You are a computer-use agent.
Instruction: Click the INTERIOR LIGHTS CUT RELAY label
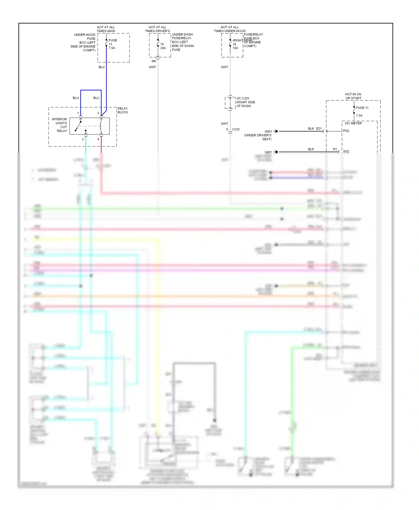click(x=60, y=125)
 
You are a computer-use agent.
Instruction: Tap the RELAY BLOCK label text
click(x=123, y=110)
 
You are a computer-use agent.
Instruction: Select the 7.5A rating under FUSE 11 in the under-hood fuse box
click(x=112, y=48)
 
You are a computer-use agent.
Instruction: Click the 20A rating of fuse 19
click(x=163, y=48)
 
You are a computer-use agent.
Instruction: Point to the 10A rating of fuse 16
click(x=235, y=48)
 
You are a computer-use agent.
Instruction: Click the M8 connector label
click(x=154, y=61)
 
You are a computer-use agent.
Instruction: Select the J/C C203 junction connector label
click(x=242, y=98)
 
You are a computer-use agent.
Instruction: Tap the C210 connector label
click(x=236, y=129)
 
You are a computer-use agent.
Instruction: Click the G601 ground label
click(x=268, y=131)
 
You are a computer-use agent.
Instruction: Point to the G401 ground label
click(x=268, y=152)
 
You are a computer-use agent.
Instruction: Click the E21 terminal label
click(x=319, y=129)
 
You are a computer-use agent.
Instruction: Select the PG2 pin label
click(x=346, y=131)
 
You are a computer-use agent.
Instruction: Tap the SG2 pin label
click(x=346, y=151)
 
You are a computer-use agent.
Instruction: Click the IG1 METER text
click(x=353, y=123)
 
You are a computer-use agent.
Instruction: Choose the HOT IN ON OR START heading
click(x=353, y=96)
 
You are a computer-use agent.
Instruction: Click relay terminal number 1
click(x=78, y=113)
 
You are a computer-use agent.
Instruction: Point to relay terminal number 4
click(x=98, y=139)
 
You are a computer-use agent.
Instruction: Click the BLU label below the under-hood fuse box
click(x=101, y=67)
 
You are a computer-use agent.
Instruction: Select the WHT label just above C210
click(x=224, y=124)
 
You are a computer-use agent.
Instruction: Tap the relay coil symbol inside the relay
click(x=101, y=126)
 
